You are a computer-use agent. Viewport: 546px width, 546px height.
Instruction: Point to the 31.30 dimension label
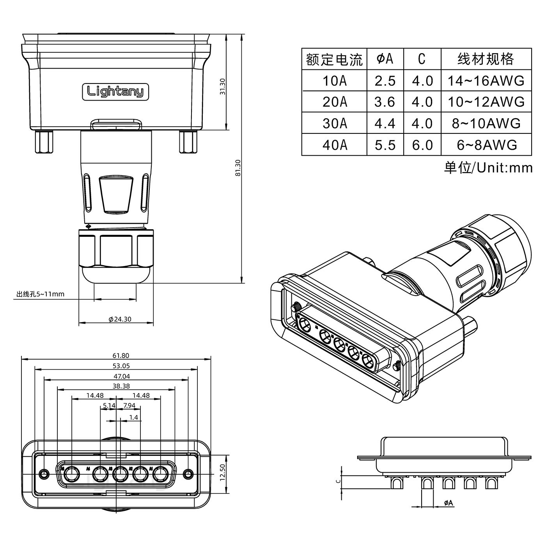(222, 87)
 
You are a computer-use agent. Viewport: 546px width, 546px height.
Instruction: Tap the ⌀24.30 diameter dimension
(120, 319)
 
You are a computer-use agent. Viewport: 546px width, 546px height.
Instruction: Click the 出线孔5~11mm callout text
(40, 294)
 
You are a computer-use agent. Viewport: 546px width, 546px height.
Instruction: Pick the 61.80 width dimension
(121, 356)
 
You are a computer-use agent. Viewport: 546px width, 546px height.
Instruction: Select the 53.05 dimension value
(121, 366)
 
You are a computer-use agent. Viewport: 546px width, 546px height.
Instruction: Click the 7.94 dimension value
(129, 406)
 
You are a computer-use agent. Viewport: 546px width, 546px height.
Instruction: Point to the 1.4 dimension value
(133, 417)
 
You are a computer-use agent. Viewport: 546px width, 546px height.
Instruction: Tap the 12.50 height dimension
(223, 473)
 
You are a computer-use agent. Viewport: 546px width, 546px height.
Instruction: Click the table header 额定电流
(334, 59)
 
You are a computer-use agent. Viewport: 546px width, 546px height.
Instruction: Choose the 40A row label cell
(334, 145)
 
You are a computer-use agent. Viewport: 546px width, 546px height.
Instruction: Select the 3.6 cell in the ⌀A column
(385, 102)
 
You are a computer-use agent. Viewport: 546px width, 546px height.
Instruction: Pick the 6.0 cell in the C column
(422, 145)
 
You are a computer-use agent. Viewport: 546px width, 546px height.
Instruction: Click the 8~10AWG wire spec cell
(486, 123)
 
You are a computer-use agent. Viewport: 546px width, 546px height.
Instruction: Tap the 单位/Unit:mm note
(488, 168)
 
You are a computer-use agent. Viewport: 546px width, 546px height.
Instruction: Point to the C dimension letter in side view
(339, 481)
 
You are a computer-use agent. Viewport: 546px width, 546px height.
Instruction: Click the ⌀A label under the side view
(448, 503)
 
